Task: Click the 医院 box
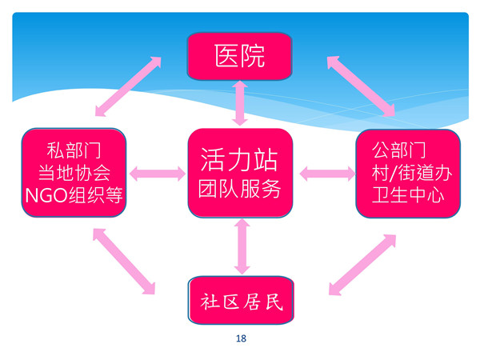[240, 55]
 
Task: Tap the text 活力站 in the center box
[240, 159]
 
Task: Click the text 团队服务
[240, 191]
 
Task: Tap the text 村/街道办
[407, 172]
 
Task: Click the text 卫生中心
[407, 194]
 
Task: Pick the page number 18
[241, 338]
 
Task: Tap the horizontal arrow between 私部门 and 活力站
[157, 172]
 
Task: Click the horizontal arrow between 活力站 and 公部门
[326, 172]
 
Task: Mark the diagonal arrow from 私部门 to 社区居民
[124, 261]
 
